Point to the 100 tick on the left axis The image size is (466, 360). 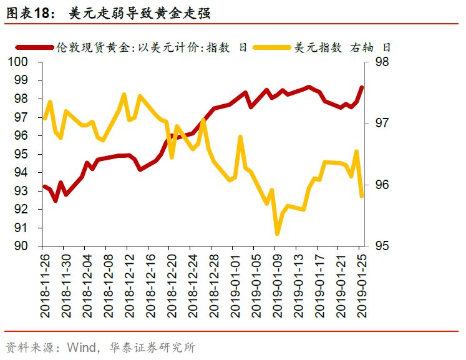click(19, 62)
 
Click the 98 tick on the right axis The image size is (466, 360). click(383, 62)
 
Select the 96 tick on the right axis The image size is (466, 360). click(383, 185)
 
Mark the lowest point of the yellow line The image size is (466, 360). click(277, 234)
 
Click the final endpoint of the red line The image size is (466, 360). click(361, 87)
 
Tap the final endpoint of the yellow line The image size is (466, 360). click(361, 196)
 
